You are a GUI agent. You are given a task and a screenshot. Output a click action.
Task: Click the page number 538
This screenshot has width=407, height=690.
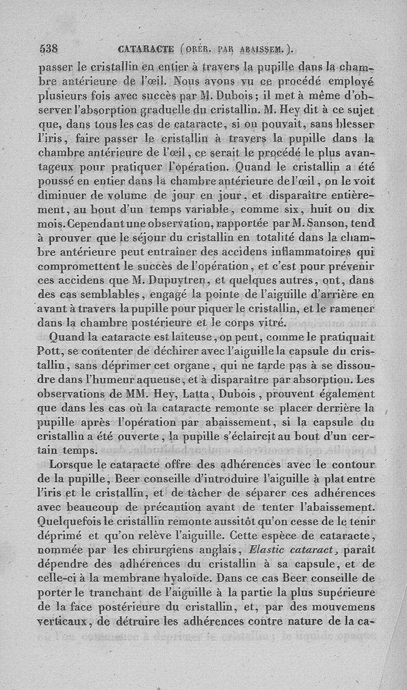coord(49,49)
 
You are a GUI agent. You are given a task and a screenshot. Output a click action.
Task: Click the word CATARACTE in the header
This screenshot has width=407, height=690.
coord(146,49)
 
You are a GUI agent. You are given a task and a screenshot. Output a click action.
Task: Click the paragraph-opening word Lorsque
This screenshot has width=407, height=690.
coord(71,464)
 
